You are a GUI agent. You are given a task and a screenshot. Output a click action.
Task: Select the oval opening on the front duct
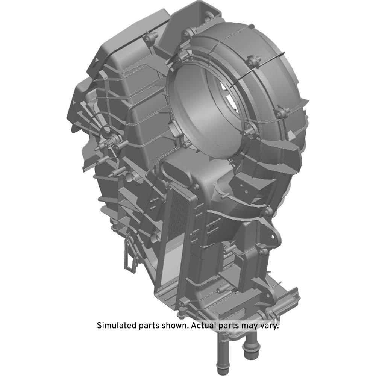(x=176, y=171)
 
